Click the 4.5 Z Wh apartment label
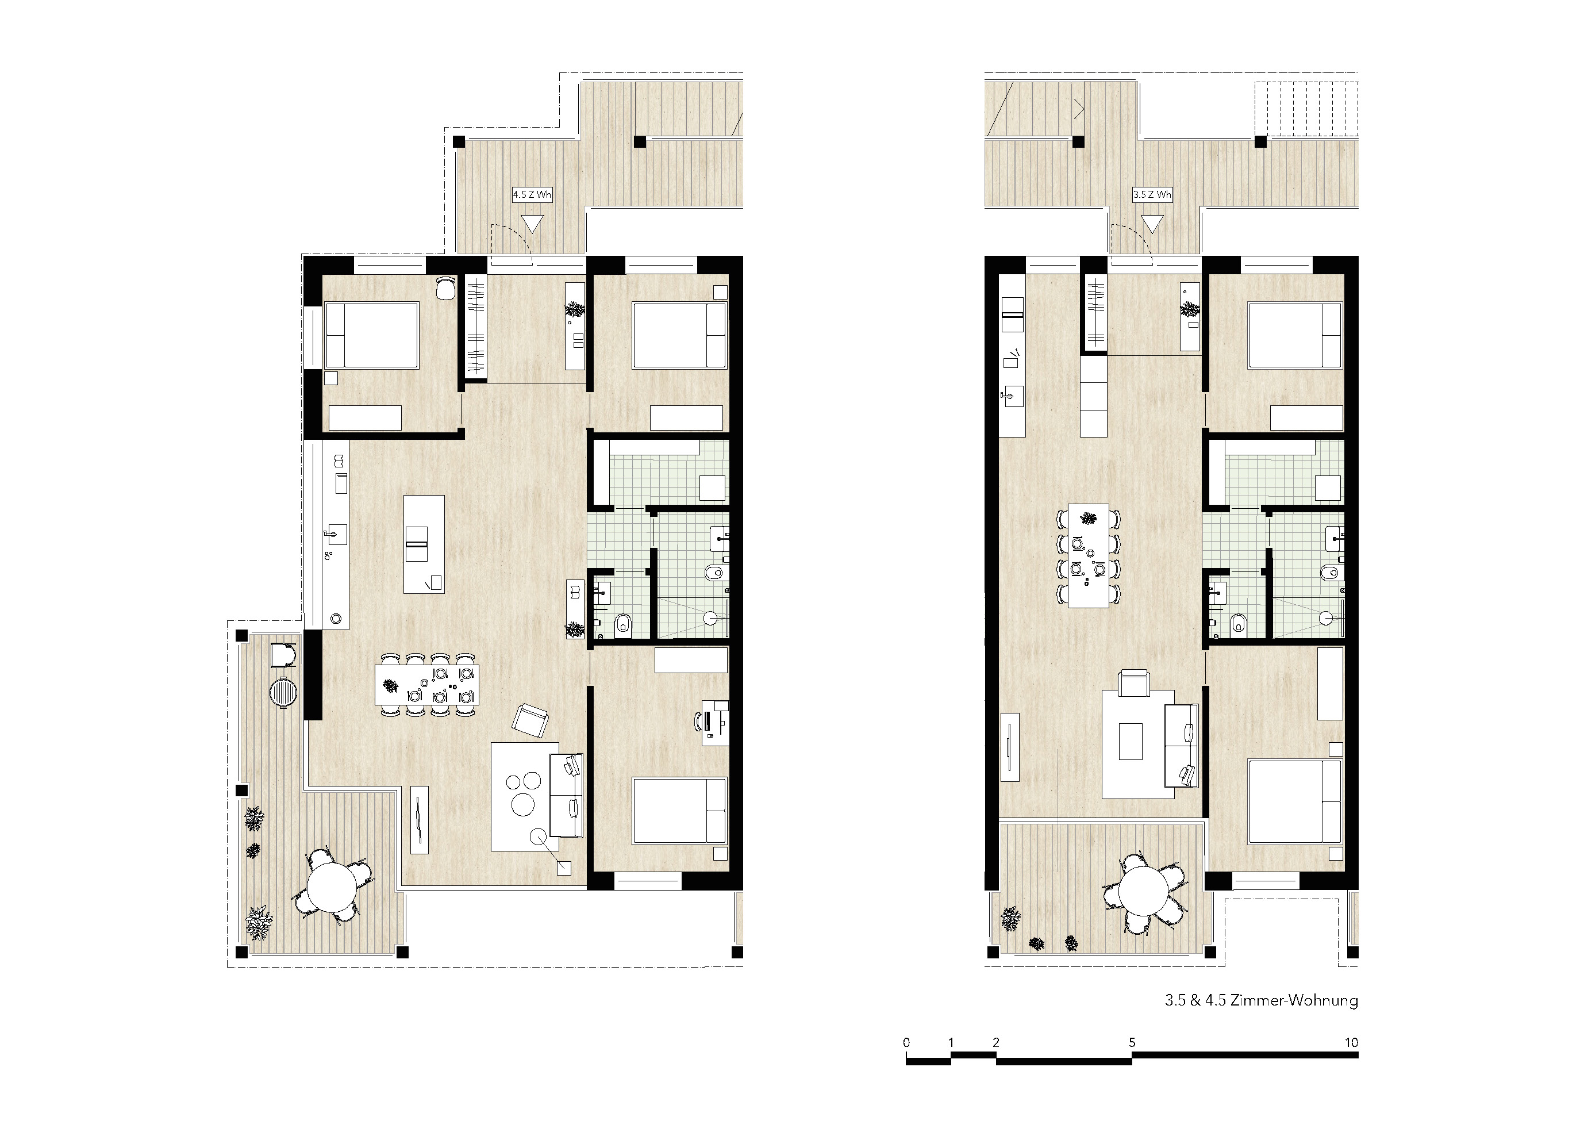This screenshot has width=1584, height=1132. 532,194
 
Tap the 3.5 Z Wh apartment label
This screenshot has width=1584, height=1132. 1152,194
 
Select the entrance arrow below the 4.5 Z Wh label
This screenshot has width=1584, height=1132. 532,224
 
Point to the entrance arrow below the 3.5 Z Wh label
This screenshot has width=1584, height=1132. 1152,224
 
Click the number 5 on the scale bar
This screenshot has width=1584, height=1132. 1132,1043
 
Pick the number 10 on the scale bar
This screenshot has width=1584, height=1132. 1351,1043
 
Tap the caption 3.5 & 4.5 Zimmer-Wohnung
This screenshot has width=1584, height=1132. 1262,1001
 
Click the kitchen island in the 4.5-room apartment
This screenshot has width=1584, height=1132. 424,544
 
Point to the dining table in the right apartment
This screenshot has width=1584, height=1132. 1089,555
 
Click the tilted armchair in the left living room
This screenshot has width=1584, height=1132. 531,721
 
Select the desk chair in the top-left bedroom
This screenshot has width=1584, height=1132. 445,287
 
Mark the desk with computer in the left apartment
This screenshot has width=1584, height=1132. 715,723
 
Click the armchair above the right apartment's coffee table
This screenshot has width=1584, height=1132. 1133,682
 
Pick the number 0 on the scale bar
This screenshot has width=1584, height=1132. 906,1043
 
